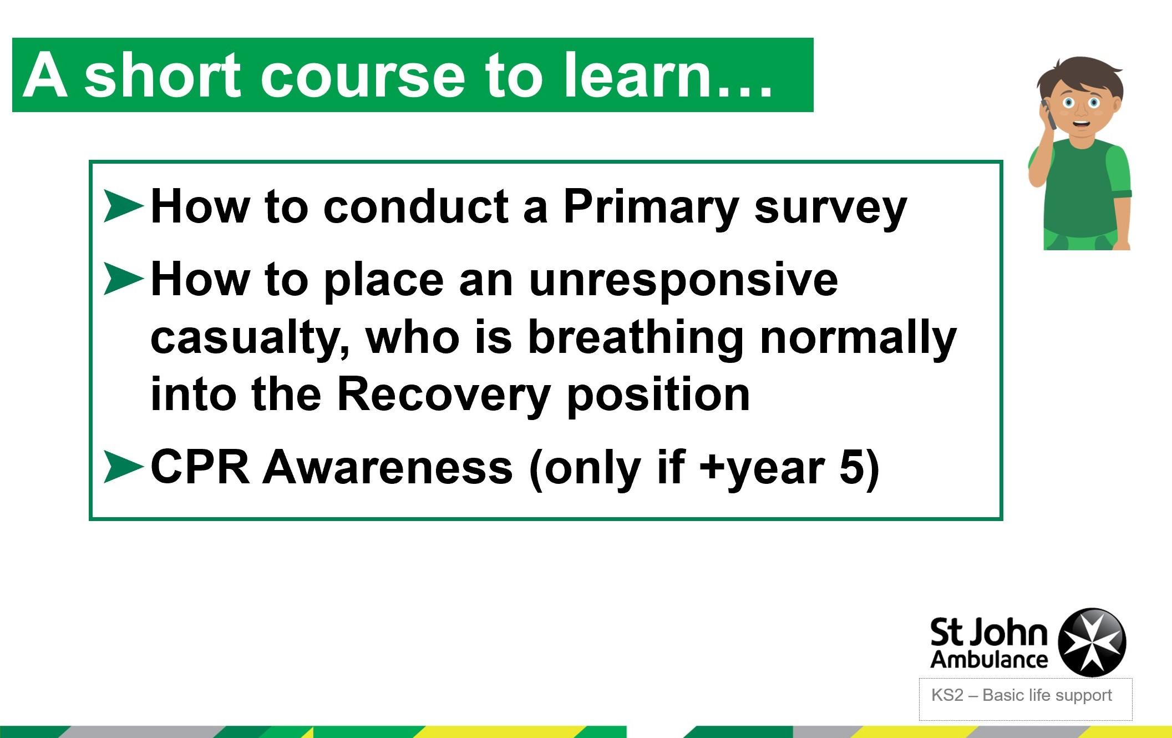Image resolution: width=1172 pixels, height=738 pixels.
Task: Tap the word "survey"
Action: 831,211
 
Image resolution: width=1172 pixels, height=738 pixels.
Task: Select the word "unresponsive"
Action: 683,282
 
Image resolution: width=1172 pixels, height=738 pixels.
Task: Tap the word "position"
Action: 658,395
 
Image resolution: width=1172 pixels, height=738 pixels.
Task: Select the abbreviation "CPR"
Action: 200,467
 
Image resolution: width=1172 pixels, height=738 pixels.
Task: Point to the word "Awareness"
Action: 388,467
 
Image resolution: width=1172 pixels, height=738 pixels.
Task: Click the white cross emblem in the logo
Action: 1092,642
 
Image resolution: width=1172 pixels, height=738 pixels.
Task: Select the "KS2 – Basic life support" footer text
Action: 1022,695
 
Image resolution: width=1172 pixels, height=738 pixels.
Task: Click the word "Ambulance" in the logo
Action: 989,659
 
